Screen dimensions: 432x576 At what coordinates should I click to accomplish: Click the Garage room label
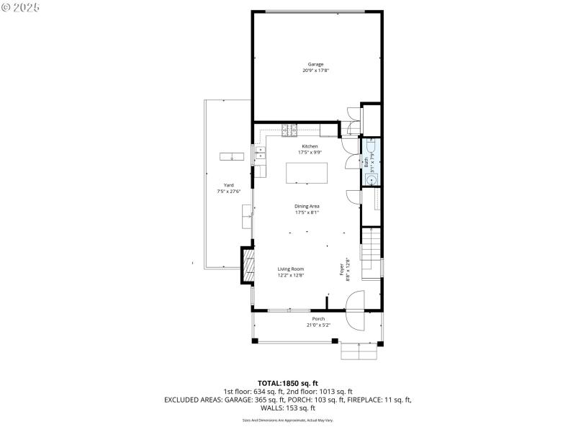click(x=316, y=64)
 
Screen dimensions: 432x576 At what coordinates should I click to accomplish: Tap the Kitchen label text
click(x=310, y=146)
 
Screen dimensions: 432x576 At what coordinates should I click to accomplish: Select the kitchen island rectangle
click(x=307, y=174)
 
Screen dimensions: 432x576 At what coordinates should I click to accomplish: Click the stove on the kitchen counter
click(x=289, y=130)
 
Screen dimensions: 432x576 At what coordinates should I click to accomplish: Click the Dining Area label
click(x=307, y=207)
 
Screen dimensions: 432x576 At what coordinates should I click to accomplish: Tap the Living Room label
click(x=291, y=269)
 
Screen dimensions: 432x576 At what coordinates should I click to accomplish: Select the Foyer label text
click(x=342, y=269)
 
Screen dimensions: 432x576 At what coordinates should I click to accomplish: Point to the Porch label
click(x=318, y=319)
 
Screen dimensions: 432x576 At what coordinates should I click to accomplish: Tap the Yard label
click(x=228, y=185)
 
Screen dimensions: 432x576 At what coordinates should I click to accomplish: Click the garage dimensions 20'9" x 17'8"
click(x=316, y=71)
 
